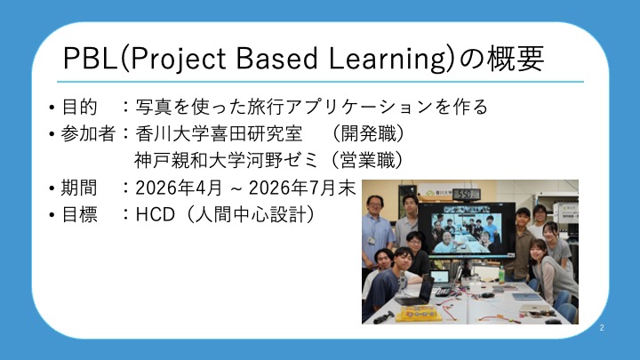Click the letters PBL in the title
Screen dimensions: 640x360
click(x=90, y=59)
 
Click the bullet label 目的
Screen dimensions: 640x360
click(x=79, y=107)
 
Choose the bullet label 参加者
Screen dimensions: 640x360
click(x=88, y=133)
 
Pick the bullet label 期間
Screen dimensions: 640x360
click(x=79, y=188)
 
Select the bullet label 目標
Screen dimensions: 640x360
click(x=79, y=214)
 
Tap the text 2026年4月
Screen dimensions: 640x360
click(x=179, y=188)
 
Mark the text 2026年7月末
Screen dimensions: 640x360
click(x=302, y=188)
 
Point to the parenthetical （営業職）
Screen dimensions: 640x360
click(x=368, y=160)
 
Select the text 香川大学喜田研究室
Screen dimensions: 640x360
click(x=219, y=133)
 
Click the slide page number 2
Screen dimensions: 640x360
click(x=602, y=328)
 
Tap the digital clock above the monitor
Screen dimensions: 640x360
click(x=466, y=195)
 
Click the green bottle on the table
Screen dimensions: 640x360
click(x=501, y=275)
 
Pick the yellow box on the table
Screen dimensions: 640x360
click(x=419, y=313)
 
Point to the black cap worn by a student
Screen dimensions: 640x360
click(x=523, y=212)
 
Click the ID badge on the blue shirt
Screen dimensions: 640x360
click(x=371, y=240)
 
